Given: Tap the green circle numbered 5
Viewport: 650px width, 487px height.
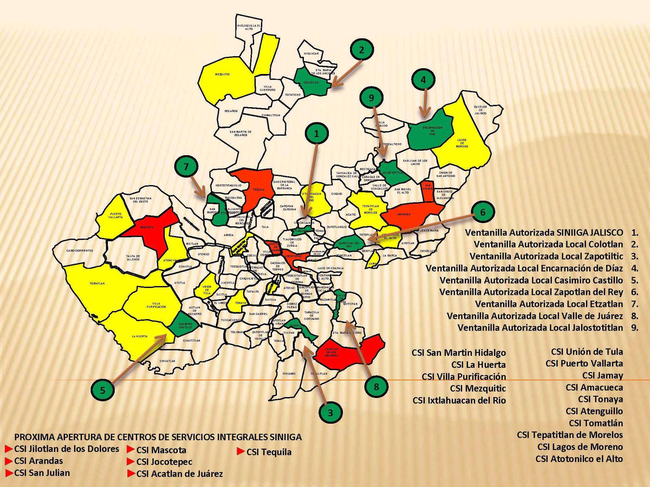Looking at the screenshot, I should pos(106,389).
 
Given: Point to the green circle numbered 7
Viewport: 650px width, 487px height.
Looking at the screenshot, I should pos(186,168).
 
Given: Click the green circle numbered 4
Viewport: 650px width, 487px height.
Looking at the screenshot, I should pos(423,80).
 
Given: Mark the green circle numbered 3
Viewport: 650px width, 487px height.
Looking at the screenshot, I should pos(330,412).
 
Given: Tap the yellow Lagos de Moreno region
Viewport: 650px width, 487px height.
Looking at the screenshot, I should pos(460,135).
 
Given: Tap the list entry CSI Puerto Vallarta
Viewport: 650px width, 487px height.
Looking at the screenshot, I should pos(584,363).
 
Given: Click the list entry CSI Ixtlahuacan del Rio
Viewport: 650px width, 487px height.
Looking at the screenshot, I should pos(459,400).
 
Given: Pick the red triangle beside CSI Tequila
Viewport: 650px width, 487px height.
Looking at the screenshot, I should pos(241,451).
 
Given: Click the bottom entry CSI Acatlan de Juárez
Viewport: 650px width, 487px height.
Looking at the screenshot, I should pos(179,474).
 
